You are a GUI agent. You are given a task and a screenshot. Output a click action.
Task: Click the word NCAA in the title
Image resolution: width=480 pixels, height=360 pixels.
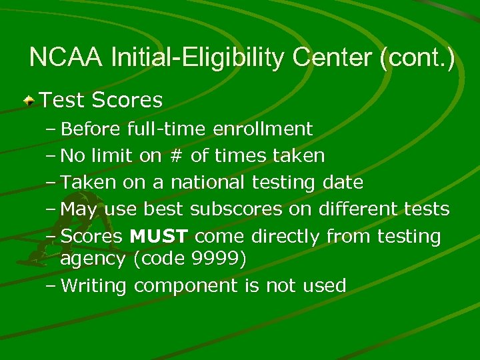pyautogui.click(x=65, y=58)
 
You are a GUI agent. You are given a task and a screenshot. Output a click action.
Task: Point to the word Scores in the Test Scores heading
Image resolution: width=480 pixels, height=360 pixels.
pyautogui.click(x=127, y=100)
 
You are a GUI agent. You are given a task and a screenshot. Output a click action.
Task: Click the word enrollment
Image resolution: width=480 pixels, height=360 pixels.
pyautogui.click(x=263, y=129)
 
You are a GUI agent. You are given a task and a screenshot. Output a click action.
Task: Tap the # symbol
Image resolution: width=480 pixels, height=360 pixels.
pyautogui.click(x=175, y=156)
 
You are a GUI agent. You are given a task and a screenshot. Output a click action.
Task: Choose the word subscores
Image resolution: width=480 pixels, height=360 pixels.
pyautogui.click(x=236, y=209)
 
